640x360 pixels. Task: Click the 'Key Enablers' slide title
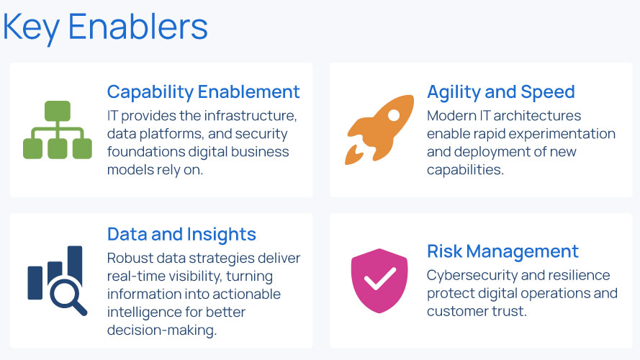(x=105, y=27)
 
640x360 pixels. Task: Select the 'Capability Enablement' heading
(x=203, y=92)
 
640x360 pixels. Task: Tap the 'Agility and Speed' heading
(x=501, y=92)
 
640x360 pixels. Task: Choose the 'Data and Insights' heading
(x=181, y=234)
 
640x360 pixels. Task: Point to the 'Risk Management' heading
(x=502, y=251)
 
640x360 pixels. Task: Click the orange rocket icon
(x=379, y=130)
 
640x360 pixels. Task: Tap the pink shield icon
(x=379, y=281)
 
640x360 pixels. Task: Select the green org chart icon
(x=58, y=130)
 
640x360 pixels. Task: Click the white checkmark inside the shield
(x=379, y=279)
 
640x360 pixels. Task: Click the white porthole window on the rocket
(x=394, y=115)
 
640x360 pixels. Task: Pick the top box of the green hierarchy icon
(x=58, y=111)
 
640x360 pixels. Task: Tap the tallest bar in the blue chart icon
(x=75, y=265)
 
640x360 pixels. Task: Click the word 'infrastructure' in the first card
(x=251, y=116)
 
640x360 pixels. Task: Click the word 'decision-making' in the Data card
(x=162, y=330)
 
